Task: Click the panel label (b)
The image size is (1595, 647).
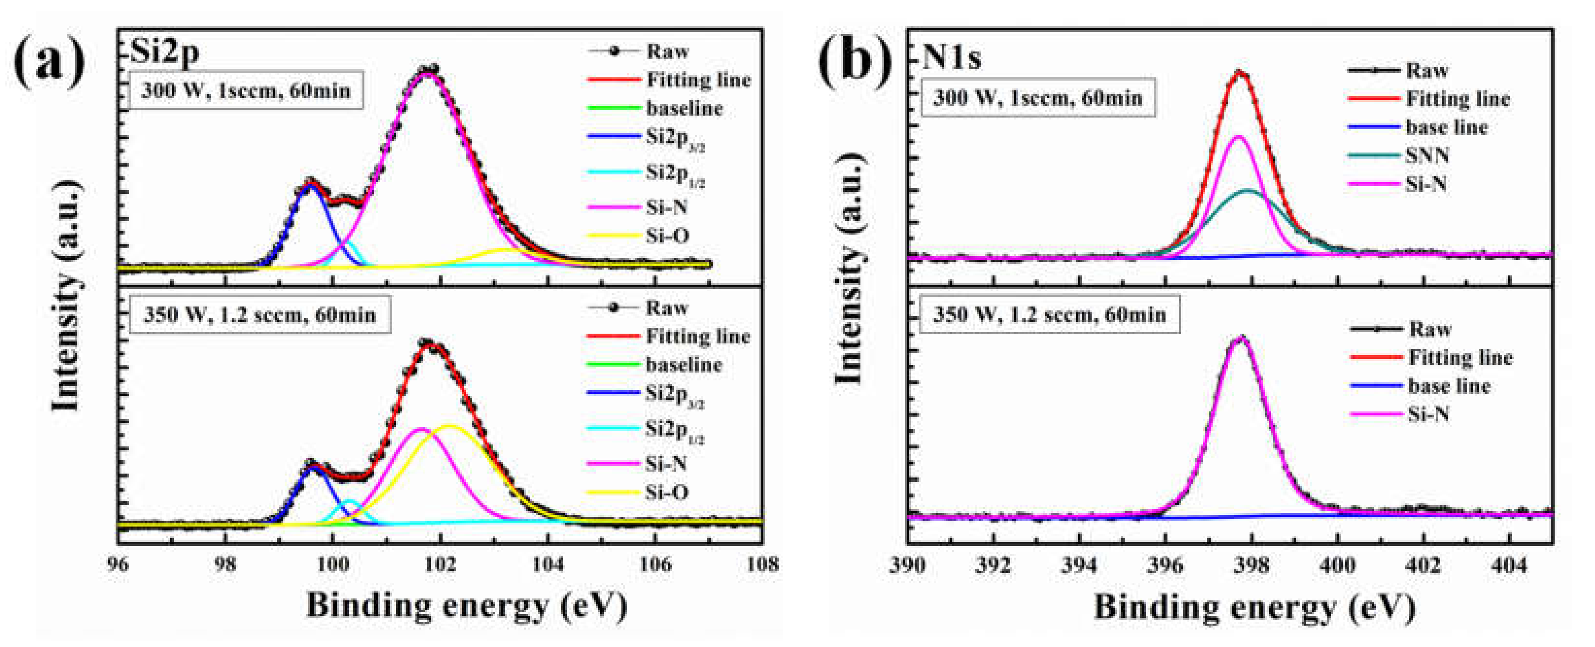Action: (x=855, y=60)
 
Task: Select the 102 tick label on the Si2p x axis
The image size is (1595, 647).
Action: (x=440, y=564)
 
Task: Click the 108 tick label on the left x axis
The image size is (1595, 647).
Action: (x=762, y=564)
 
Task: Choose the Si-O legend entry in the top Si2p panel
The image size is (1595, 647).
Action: (x=668, y=236)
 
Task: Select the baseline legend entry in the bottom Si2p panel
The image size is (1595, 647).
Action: (x=684, y=365)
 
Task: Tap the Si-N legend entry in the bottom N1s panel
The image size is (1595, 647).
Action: (x=1428, y=414)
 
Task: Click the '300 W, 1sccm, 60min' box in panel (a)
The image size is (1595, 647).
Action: (x=246, y=91)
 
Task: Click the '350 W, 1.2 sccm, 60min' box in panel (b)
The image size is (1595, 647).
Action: (x=1049, y=315)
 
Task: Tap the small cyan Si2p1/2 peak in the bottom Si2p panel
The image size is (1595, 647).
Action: (x=349, y=501)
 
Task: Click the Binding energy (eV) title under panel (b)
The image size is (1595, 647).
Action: (x=1254, y=607)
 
